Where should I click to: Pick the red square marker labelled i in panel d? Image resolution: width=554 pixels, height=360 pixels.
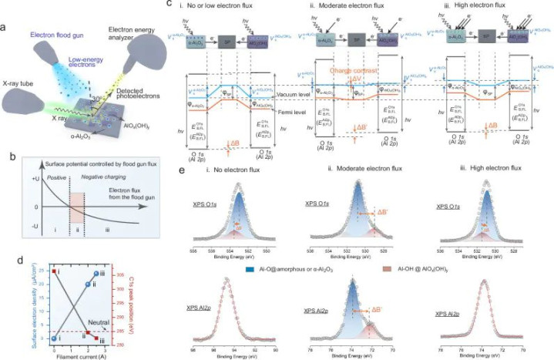[54, 272]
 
